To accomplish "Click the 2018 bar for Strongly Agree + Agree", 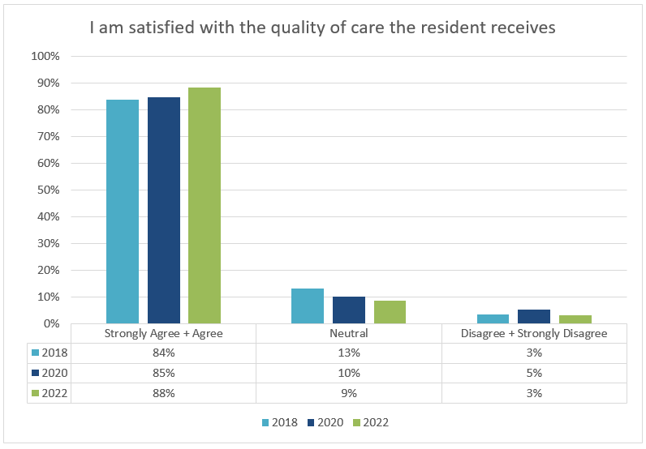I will [x=123, y=212].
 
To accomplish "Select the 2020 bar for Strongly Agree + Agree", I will [x=163, y=211].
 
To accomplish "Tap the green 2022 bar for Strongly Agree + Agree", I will [x=205, y=206].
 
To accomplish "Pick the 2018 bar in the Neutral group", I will [x=308, y=306].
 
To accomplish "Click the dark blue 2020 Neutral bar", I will [x=348, y=310].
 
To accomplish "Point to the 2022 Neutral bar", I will [x=390, y=312].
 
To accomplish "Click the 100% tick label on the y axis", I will [x=45, y=57].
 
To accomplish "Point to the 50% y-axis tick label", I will [x=48, y=190].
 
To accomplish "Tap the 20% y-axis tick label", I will [x=48, y=271].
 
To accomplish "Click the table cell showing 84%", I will [x=163, y=353].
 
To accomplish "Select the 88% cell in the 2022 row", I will [x=163, y=393].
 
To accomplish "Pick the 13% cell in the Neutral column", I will [x=349, y=353].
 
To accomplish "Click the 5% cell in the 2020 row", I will [x=534, y=373].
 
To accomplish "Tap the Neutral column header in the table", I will [x=349, y=333].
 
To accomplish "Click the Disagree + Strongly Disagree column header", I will [x=534, y=333].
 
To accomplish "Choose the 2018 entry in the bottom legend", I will [x=279, y=422].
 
